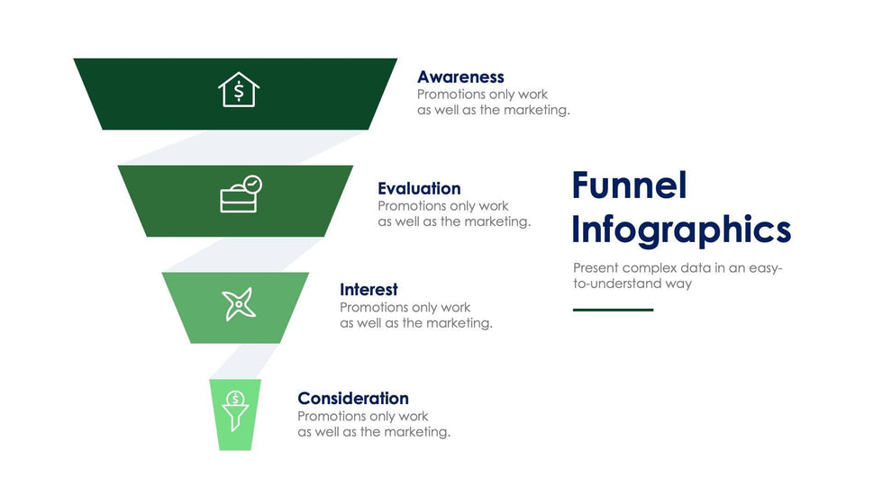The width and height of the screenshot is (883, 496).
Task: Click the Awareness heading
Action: [460, 77]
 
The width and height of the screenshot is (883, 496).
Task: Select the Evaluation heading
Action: [419, 188]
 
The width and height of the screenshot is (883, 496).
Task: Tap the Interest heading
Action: [369, 290]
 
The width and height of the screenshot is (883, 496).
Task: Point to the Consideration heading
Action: [353, 398]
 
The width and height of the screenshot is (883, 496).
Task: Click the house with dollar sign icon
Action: [239, 89]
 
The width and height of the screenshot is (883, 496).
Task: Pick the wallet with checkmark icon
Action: [241, 194]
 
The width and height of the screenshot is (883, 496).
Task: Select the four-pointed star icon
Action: [239, 303]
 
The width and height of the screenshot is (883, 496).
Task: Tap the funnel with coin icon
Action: [235, 411]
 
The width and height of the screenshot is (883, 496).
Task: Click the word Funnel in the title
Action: [629, 185]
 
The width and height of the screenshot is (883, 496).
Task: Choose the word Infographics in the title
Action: [681, 230]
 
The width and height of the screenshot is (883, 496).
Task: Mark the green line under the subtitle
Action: [614, 310]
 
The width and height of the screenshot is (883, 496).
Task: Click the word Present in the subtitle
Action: [596, 267]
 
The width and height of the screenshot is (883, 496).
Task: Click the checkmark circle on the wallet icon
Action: [253, 184]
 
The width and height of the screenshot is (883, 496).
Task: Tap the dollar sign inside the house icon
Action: [239, 91]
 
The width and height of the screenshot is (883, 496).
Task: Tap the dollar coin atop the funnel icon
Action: [235, 399]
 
